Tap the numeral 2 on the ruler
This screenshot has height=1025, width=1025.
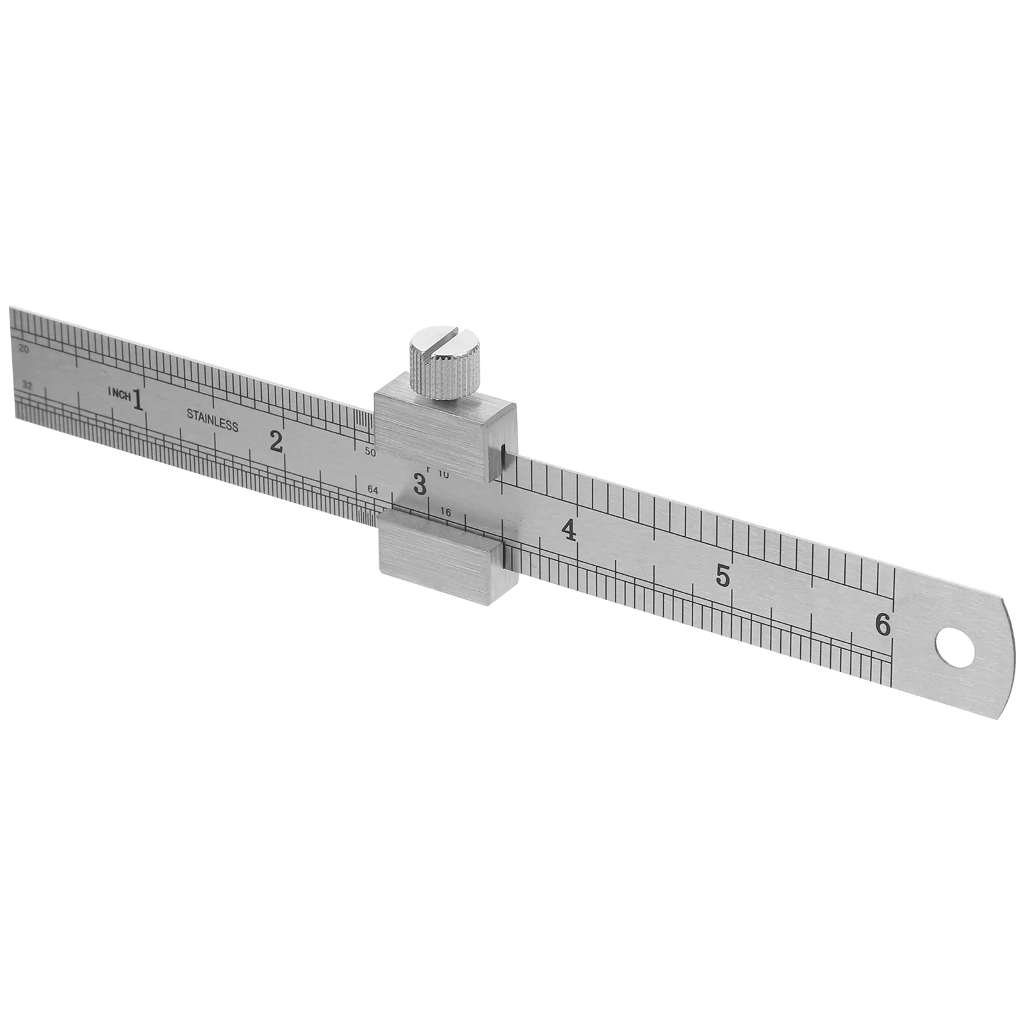click(x=276, y=441)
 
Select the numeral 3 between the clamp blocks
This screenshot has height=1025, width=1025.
click(x=420, y=484)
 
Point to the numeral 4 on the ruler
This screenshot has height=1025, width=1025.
click(x=568, y=530)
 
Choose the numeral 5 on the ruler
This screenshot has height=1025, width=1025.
click(x=723, y=576)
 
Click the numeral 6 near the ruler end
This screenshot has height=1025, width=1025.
click(x=883, y=625)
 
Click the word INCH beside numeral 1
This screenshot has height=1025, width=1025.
click(x=119, y=393)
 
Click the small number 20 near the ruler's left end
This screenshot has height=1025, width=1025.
click(x=25, y=349)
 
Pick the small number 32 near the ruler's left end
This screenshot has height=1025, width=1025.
click(x=27, y=386)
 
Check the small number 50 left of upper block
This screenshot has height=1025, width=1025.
click(x=370, y=452)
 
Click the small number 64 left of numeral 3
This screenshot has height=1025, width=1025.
click(x=373, y=490)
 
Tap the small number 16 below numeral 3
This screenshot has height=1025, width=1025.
click(x=447, y=512)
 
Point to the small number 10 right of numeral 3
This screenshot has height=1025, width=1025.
click(x=444, y=475)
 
